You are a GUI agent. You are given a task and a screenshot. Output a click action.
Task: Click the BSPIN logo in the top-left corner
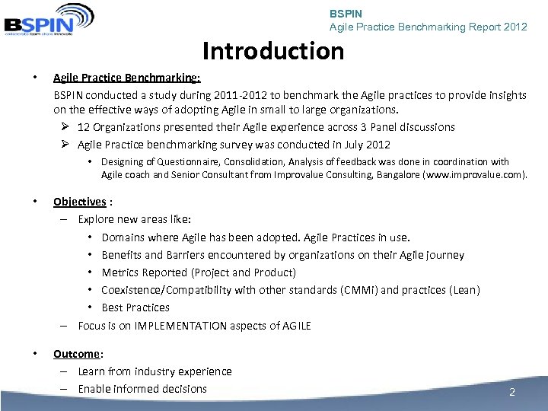[48, 18]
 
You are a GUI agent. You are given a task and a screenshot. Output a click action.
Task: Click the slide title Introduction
[273, 51]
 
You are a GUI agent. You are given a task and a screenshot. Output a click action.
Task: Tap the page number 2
[512, 393]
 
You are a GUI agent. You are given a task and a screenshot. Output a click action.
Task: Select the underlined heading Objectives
[79, 202]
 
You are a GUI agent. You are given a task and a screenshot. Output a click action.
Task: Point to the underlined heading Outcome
[76, 354]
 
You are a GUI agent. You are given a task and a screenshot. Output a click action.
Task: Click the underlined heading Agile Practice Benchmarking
[126, 78]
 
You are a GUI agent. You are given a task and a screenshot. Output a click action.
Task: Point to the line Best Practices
[135, 307]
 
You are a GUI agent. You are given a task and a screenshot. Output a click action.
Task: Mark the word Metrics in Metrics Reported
[122, 272]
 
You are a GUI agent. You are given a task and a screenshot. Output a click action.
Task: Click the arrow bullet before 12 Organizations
[65, 127]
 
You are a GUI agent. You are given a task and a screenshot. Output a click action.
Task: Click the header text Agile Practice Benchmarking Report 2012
[428, 27]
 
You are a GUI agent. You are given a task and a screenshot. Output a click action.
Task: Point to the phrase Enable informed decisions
[142, 389]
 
